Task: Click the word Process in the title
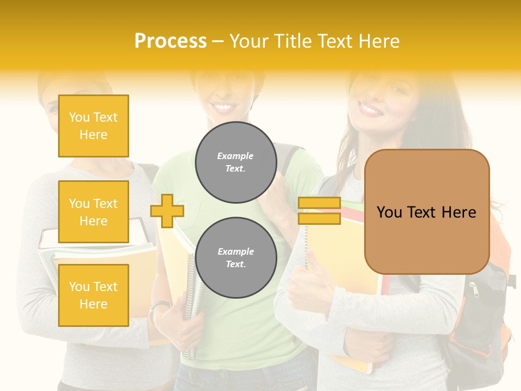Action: [x=170, y=41]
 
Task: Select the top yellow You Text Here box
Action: [x=93, y=126]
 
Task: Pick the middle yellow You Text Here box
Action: [x=93, y=212]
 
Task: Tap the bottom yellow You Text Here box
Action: [x=93, y=295]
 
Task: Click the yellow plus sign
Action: [x=167, y=211]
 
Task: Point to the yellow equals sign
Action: [x=319, y=211]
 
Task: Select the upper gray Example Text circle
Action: [x=236, y=162]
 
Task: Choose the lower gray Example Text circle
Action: [x=236, y=257]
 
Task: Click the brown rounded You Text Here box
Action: [x=427, y=212]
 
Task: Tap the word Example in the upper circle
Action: [x=236, y=156]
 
